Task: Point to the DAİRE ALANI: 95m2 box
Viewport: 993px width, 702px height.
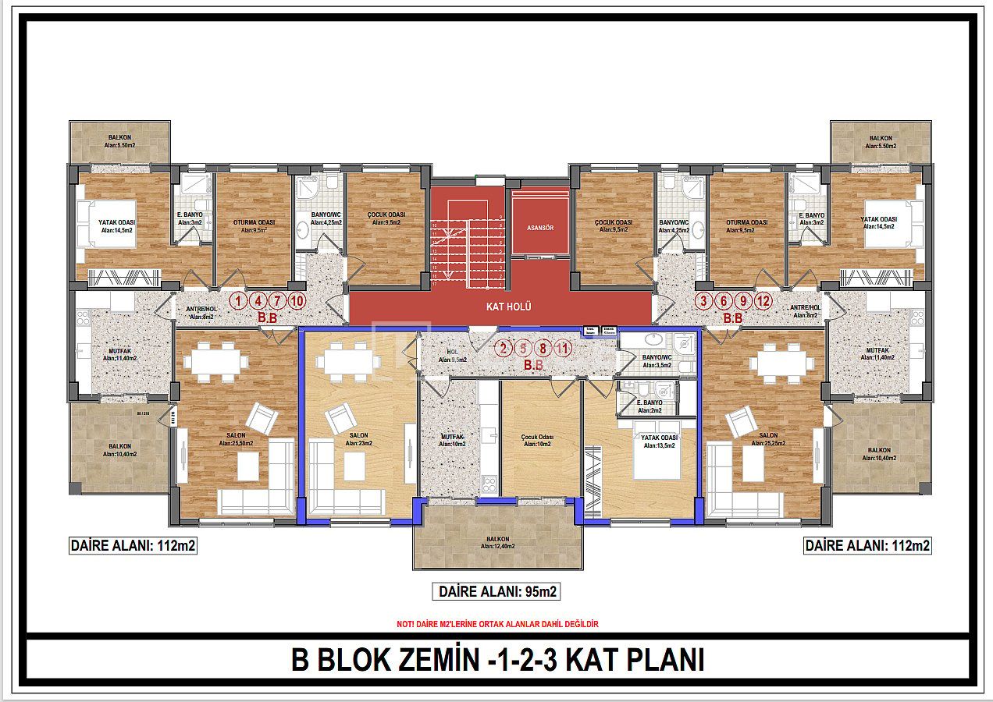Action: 496,592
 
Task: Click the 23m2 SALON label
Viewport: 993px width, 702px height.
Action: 359,439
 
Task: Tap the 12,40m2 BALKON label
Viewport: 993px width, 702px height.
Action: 497,542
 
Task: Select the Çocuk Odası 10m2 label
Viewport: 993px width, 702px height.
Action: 537,441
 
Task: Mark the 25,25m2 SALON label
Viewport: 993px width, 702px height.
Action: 768,439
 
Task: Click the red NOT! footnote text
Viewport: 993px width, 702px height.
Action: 497,624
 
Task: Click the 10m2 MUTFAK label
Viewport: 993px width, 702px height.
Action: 453,441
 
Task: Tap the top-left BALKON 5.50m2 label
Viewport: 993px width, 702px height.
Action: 120,141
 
